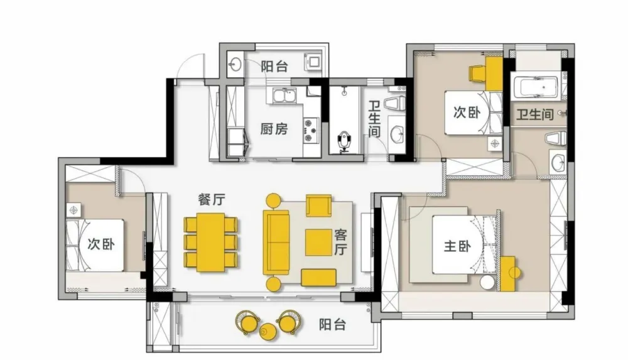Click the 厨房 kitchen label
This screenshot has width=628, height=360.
(x=274, y=129)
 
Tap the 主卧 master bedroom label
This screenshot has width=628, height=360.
(x=457, y=246)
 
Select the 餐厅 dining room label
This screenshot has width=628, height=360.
(x=212, y=199)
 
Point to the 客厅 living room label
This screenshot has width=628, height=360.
(x=340, y=242)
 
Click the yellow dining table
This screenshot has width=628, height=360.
(x=210, y=242)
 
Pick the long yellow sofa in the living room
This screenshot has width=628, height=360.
(x=276, y=242)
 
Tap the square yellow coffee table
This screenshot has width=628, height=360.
(x=318, y=242)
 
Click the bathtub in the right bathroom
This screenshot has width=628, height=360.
(x=535, y=87)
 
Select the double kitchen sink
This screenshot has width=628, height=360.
(x=284, y=97)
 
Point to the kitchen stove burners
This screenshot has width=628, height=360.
(x=310, y=130)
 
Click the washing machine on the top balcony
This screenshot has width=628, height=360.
(x=313, y=61)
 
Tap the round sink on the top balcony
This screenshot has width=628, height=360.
(x=235, y=63)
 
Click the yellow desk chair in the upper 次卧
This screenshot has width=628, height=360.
(x=477, y=74)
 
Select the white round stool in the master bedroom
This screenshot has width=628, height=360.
(x=487, y=282)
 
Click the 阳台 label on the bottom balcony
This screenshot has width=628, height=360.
(x=332, y=324)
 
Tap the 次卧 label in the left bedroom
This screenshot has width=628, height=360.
(x=101, y=244)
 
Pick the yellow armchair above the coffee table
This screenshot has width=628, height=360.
(x=319, y=205)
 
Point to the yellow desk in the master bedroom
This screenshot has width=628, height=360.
(x=507, y=274)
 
